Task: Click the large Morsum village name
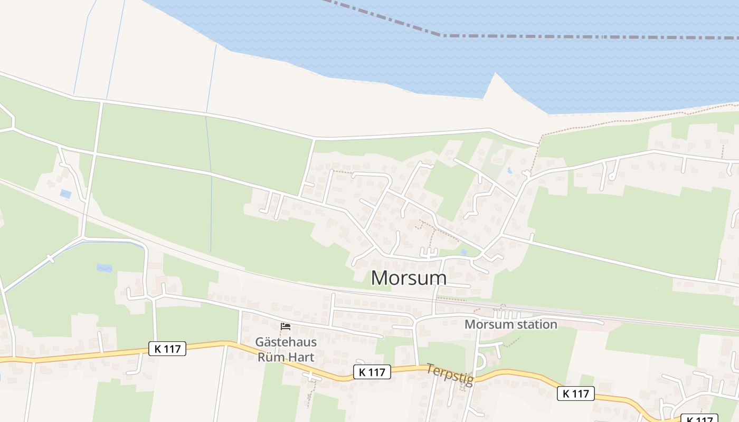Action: click(409, 278)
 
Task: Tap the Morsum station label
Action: click(510, 324)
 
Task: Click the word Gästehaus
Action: click(286, 342)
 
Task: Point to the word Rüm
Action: click(270, 357)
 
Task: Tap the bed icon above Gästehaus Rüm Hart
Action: click(286, 327)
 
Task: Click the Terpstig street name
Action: click(450, 374)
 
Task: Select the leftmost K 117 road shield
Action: click(167, 349)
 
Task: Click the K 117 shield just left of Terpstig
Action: click(372, 372)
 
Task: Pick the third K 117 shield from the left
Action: click(576, 393)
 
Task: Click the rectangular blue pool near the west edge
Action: click(65, 194)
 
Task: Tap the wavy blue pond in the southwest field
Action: click(104, 268)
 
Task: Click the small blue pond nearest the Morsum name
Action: click(463, 253)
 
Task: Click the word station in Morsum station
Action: click(533, 324)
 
